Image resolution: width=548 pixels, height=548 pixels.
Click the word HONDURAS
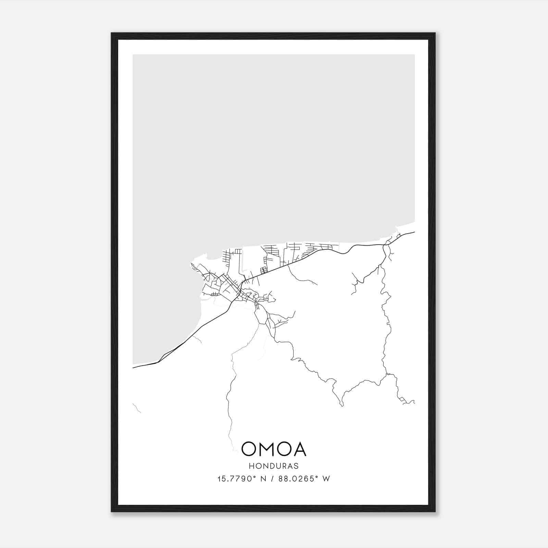pos(274,466)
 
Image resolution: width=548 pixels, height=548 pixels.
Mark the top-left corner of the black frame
pos(112,33)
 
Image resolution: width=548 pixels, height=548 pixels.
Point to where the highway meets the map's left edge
pos(133,368)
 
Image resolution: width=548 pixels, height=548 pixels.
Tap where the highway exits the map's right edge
pos(414,232)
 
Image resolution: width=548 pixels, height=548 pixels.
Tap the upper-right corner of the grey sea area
pos(414,55)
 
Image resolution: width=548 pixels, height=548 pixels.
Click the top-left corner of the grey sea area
pos(133,55)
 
